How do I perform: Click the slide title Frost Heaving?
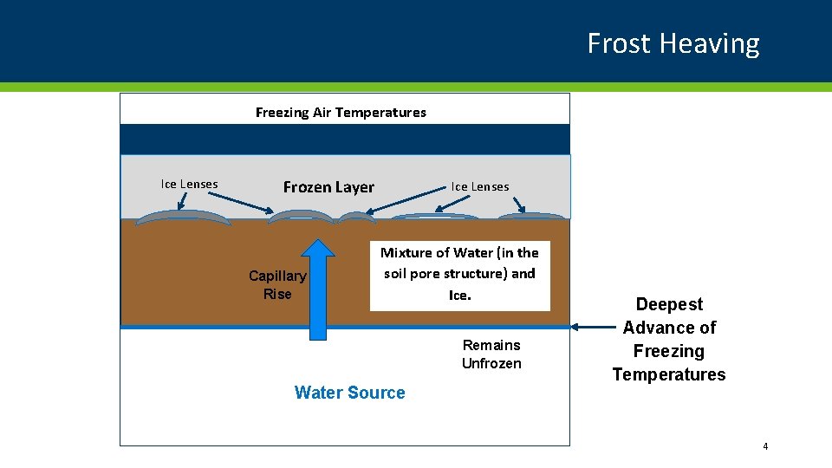(673, 43)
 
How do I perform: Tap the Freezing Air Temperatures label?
(341, 112)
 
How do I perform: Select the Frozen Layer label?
(328, 187)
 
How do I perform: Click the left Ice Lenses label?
(189, 184)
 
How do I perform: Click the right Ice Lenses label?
(479, 186)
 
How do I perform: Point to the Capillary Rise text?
(277, 284)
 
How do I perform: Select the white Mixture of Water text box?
(459, 275)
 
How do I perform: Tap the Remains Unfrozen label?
(491, 354)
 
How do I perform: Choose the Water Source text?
(349, 393)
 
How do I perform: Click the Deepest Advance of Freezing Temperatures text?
(669, 339)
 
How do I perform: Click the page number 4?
(765, 446)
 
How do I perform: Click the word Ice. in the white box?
(459, 296)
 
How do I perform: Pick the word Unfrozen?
(491, 363)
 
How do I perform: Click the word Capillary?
(277, 276)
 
